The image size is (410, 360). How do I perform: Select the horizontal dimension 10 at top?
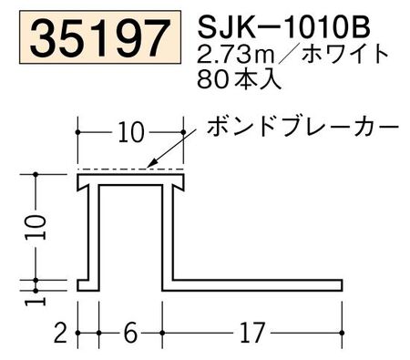coord(131,133)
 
